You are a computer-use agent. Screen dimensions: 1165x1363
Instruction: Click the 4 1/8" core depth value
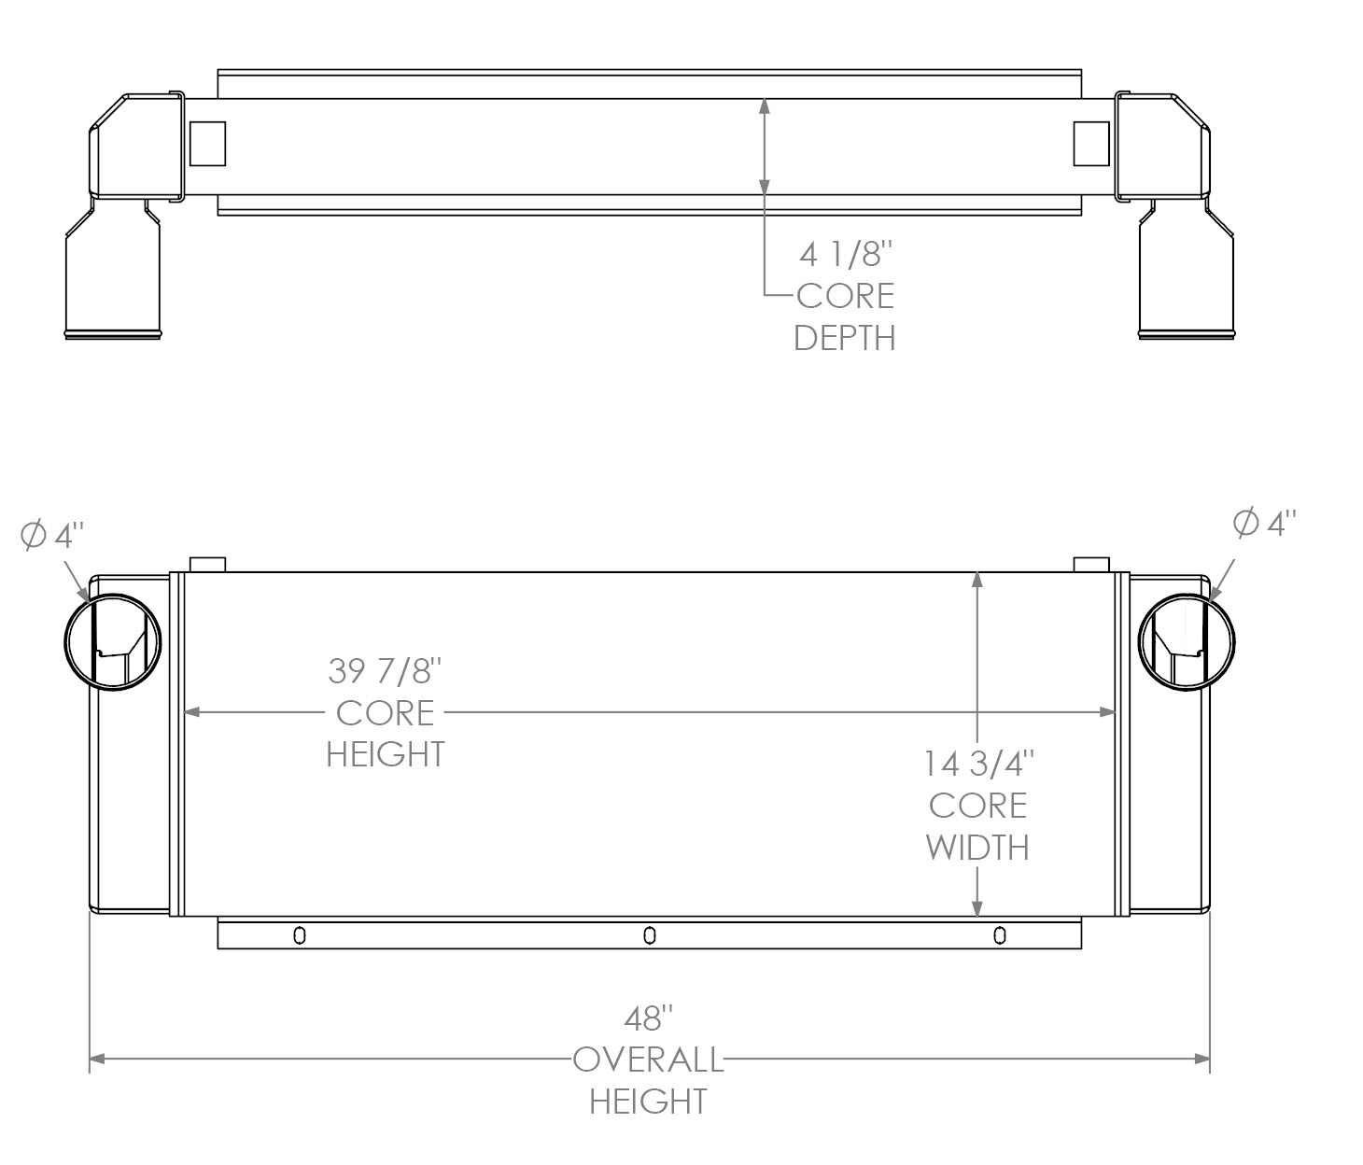[x=846, y=254]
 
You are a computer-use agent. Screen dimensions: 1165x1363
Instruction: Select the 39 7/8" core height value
[x=385, y=670]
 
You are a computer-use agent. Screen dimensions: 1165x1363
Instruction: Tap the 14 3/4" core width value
[x=977, y=764]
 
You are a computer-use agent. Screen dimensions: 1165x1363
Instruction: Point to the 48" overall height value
[x=649, y=1018]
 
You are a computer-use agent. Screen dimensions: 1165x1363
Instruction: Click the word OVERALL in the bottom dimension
[x=648, y=1060]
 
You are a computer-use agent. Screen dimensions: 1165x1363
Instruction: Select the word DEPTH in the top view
[x=845, y=338]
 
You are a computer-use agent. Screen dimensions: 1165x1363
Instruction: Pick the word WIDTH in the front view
[x=977, y=848]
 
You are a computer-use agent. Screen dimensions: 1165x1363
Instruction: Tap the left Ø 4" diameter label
[x=52, y=535]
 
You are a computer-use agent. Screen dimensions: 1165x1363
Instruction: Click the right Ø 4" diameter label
[x=1265, y=524]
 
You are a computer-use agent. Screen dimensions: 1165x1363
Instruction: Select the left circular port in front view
[x=113, y=644]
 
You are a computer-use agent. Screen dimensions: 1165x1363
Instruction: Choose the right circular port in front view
[x=1187, y=644]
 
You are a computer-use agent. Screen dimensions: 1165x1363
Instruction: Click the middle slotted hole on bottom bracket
[x=650, y=934]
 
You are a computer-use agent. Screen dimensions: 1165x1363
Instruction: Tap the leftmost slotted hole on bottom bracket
[x=299, y=934]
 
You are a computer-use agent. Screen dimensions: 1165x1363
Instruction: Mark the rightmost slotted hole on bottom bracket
[x=1000, y=934]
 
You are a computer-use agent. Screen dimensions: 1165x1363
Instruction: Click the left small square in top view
[x=207, y=144]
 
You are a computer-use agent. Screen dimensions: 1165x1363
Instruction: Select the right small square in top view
[x=1091, y=144]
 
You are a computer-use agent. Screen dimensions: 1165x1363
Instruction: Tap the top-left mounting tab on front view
[x=207, y=565]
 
